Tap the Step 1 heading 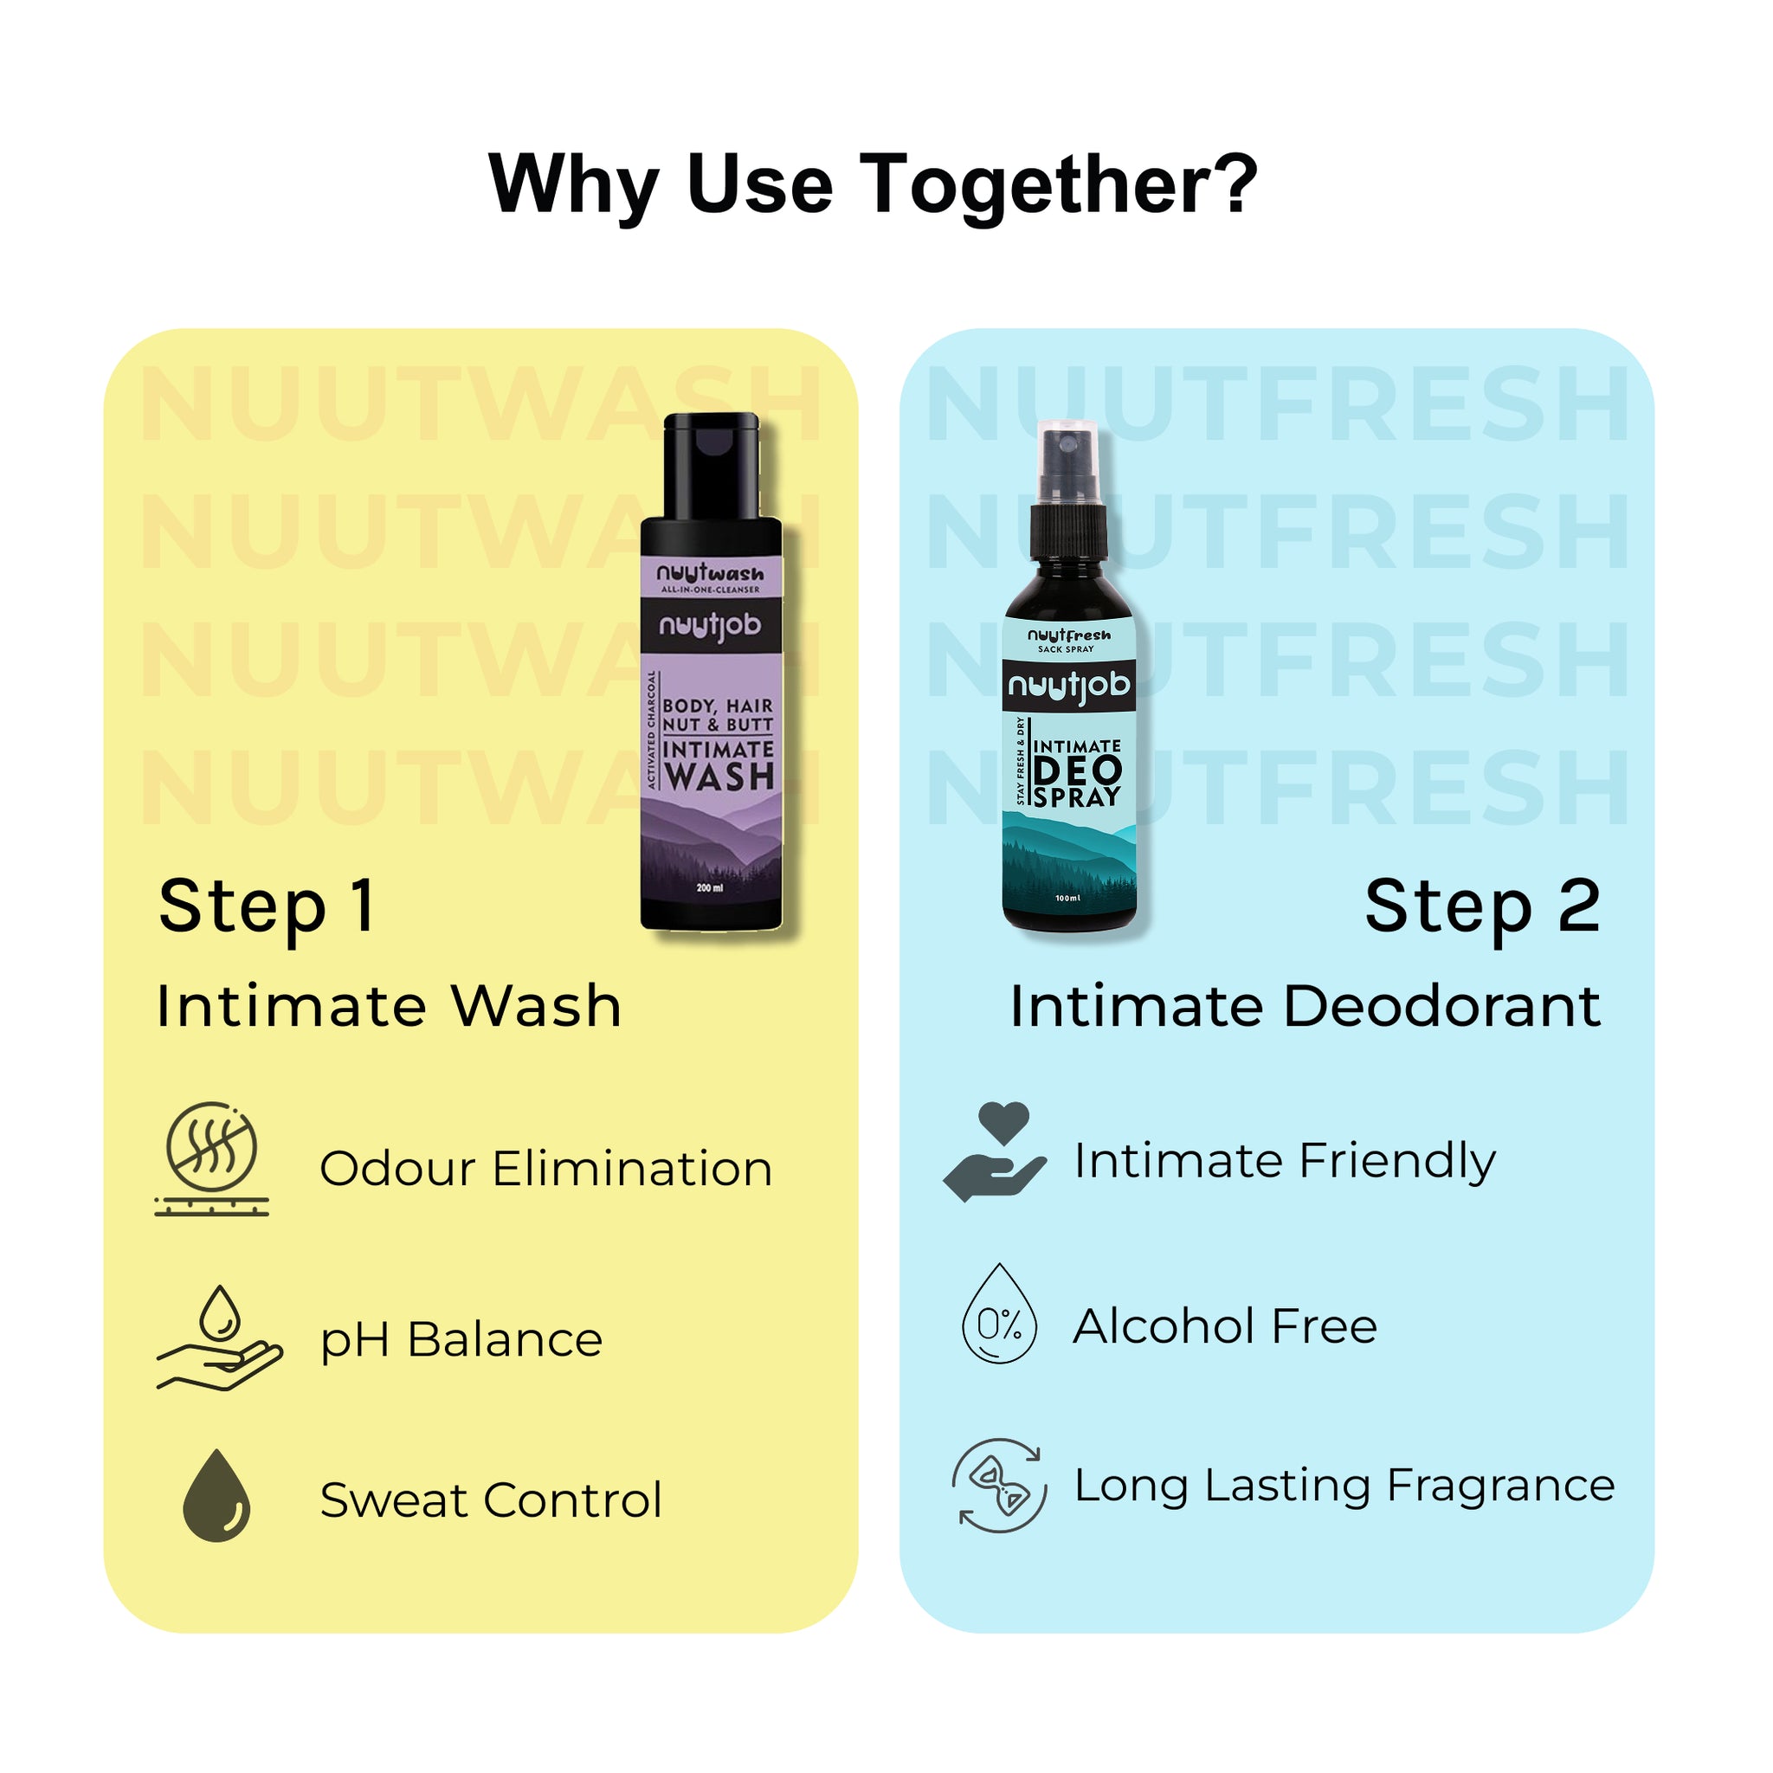point(266,906)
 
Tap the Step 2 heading point(1482,906)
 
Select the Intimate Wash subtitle point(389,1007)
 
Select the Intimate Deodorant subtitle point(1305,1007)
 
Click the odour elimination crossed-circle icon point(212,1150)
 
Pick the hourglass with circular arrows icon point(999,1486)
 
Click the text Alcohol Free point(1225,1327)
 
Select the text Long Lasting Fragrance point(1344,1486)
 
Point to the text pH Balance point(461,1340)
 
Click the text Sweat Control point(491,1500)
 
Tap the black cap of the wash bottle point(712,465)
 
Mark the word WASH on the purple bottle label point(719,777)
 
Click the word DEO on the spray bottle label point(1077,770)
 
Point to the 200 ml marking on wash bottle point(709,887)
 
